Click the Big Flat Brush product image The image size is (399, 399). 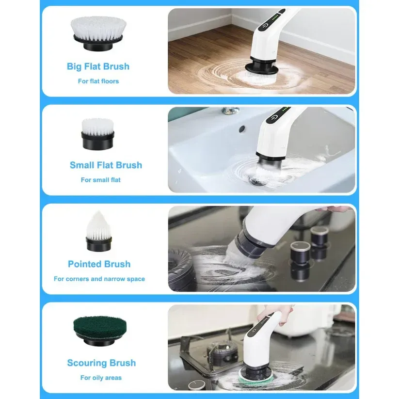tap(98, 34)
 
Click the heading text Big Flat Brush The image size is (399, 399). tap(98, 66)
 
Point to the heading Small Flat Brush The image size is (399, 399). tap(106, 165)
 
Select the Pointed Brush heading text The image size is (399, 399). tap(99, 264)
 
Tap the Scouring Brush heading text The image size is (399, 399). tap(101, 363)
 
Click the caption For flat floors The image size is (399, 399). tap(98, 81)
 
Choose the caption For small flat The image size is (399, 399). tap(101, 180)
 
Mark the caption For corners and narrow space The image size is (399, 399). tap(99, 279)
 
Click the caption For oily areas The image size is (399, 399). tap(101, 378)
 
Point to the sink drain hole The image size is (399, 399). tap(254, 180)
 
